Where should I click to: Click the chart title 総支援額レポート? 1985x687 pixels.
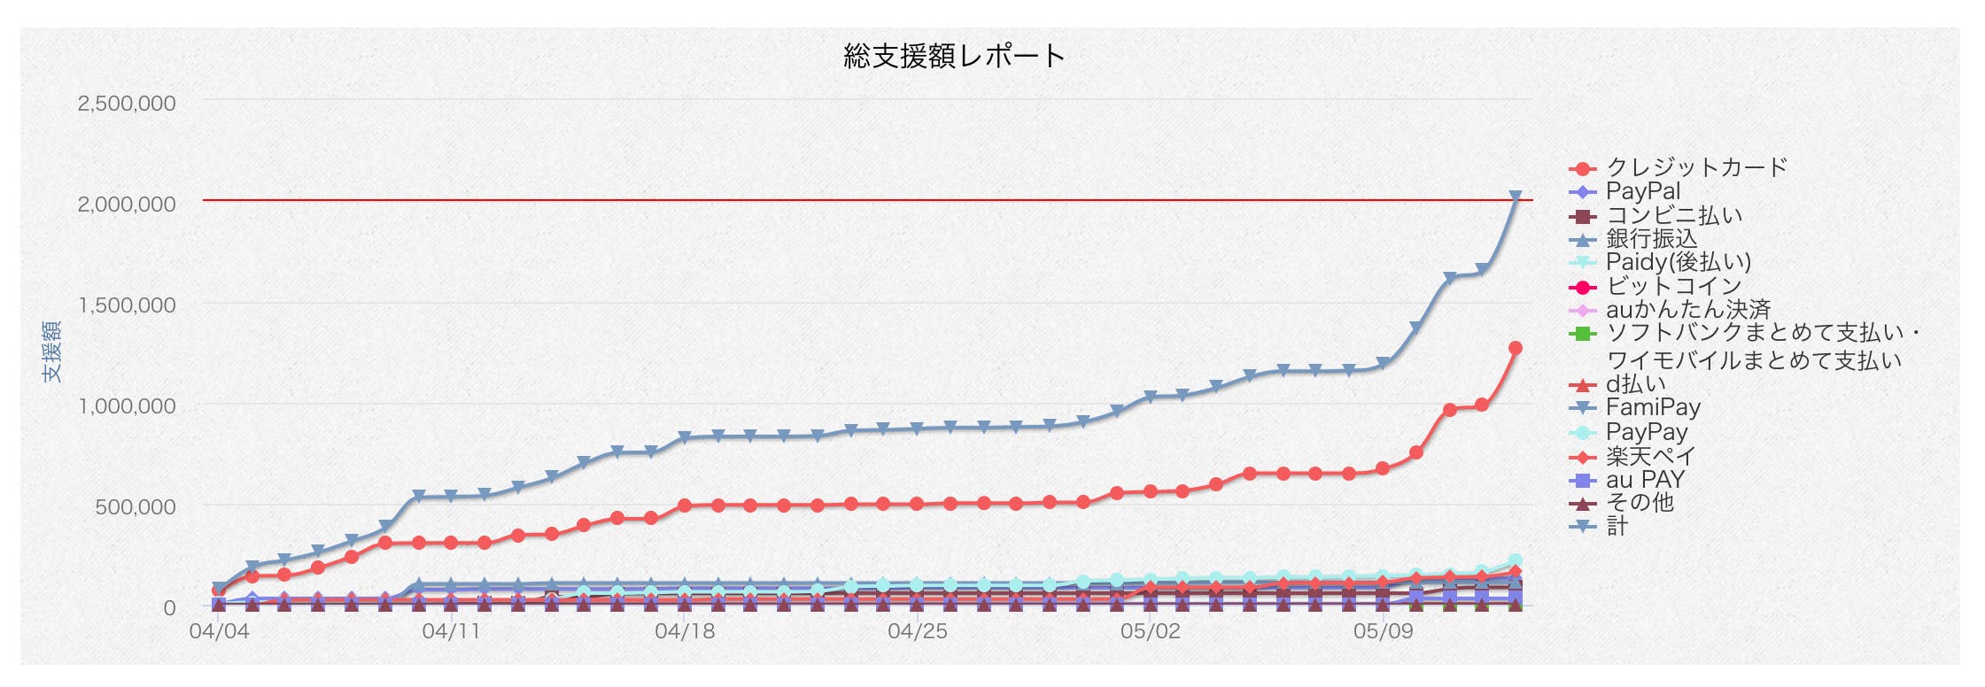(x=954, y=57)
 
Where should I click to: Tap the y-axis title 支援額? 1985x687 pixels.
(x=52, y=351)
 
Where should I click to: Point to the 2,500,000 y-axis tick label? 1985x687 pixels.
(x=127, y=103)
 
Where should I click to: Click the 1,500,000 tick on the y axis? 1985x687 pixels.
(x=127, y=305)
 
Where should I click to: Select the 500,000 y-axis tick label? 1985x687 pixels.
(x=136, y=507)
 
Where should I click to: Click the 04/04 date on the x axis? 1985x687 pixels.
(x=219, y=631)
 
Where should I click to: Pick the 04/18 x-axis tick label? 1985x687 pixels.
(x=685, y=631)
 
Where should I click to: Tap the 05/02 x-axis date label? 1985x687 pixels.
(x=1150, y=631)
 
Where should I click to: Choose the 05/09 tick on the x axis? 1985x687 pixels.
(x=1383, y=631)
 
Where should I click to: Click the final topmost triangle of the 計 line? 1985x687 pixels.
(x=1515, y=197)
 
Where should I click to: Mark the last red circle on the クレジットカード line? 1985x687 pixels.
(x=1515, y=349)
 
